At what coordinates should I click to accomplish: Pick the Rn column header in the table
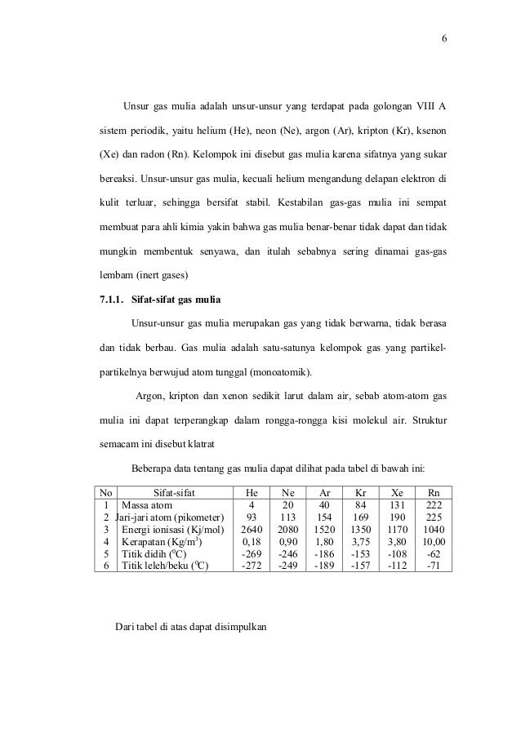coord(434,493)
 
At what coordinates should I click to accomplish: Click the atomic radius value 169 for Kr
coord(360,517)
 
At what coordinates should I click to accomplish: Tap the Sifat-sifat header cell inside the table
coord(168,493)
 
